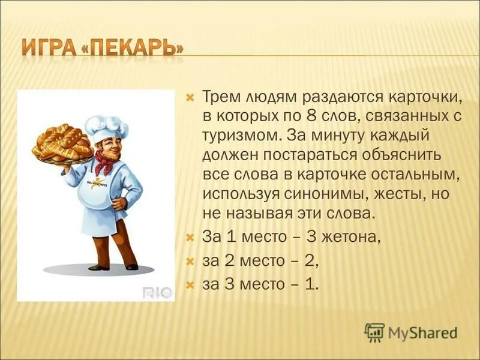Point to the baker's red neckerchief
point(104,161)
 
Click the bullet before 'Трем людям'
point(190,96)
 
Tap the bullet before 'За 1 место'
point(190,237)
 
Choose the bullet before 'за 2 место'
point(190,261)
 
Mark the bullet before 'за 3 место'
point(190,285)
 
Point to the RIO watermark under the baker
point(157,292)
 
